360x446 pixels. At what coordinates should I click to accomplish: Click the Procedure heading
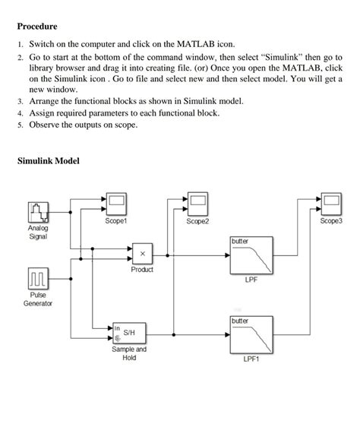coord(37,27)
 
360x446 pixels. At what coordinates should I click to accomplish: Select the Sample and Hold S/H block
coord(129,333)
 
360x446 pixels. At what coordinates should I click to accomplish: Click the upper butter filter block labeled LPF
coord(251,256)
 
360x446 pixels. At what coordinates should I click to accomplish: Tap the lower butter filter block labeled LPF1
coord(251,334)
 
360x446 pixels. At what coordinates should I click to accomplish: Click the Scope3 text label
coord(331,221)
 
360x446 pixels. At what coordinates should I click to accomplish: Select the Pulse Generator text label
coord(37,299)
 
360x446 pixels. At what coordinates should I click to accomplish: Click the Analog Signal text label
coord(37,232)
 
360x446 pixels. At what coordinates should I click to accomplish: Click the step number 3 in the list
coord(21,100)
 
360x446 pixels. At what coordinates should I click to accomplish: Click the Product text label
coord(141,270)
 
